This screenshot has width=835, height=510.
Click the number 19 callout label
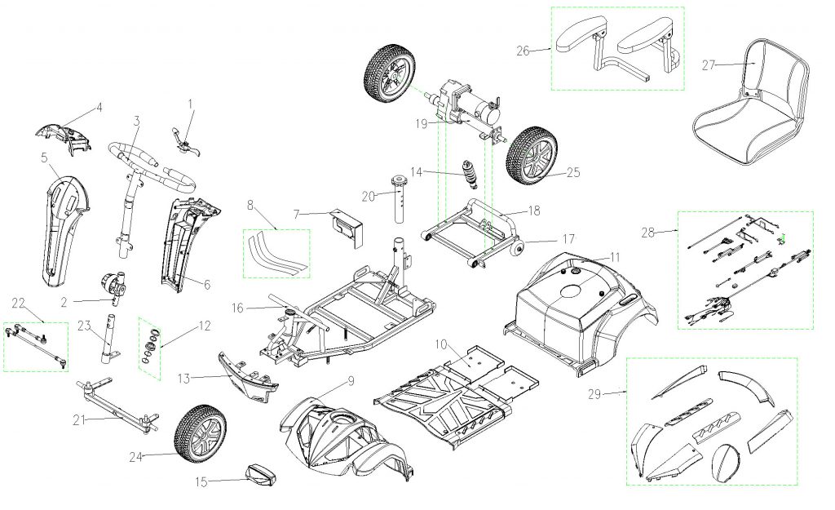tap(421, 124)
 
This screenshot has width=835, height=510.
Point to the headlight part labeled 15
tap(263, 473)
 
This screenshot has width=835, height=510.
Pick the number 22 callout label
tap(18, 304)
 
